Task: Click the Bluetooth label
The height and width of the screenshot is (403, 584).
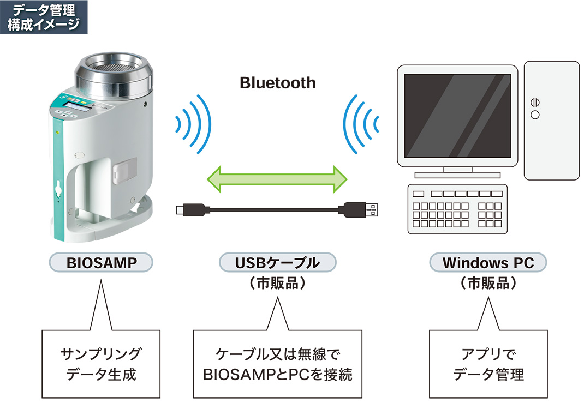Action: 277,83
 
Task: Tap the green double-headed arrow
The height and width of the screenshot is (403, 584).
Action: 277,179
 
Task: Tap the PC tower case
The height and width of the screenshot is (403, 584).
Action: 551,120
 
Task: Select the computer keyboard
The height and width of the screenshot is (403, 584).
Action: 457,209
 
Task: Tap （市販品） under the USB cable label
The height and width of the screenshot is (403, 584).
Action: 277,284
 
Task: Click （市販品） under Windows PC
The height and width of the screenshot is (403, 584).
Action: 488,284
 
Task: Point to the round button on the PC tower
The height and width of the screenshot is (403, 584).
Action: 535,115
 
